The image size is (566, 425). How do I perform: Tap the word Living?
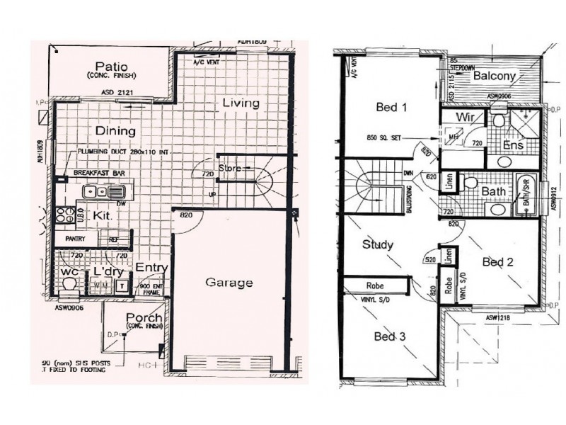tap(241, 103)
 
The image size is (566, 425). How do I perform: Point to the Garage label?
tap(229, 283)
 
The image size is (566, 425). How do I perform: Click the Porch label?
tap(144, 317)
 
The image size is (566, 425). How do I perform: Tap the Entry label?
tap(151, 267)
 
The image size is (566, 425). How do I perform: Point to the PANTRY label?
tap(75, 239)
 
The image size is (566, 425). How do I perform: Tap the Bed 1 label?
tap(391, 108)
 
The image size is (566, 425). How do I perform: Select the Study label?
tap(377, 244)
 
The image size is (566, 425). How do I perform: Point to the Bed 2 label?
tap(497, 262)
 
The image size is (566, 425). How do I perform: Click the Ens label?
tap(512, 144)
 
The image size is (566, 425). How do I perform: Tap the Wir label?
tap(464, 116)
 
